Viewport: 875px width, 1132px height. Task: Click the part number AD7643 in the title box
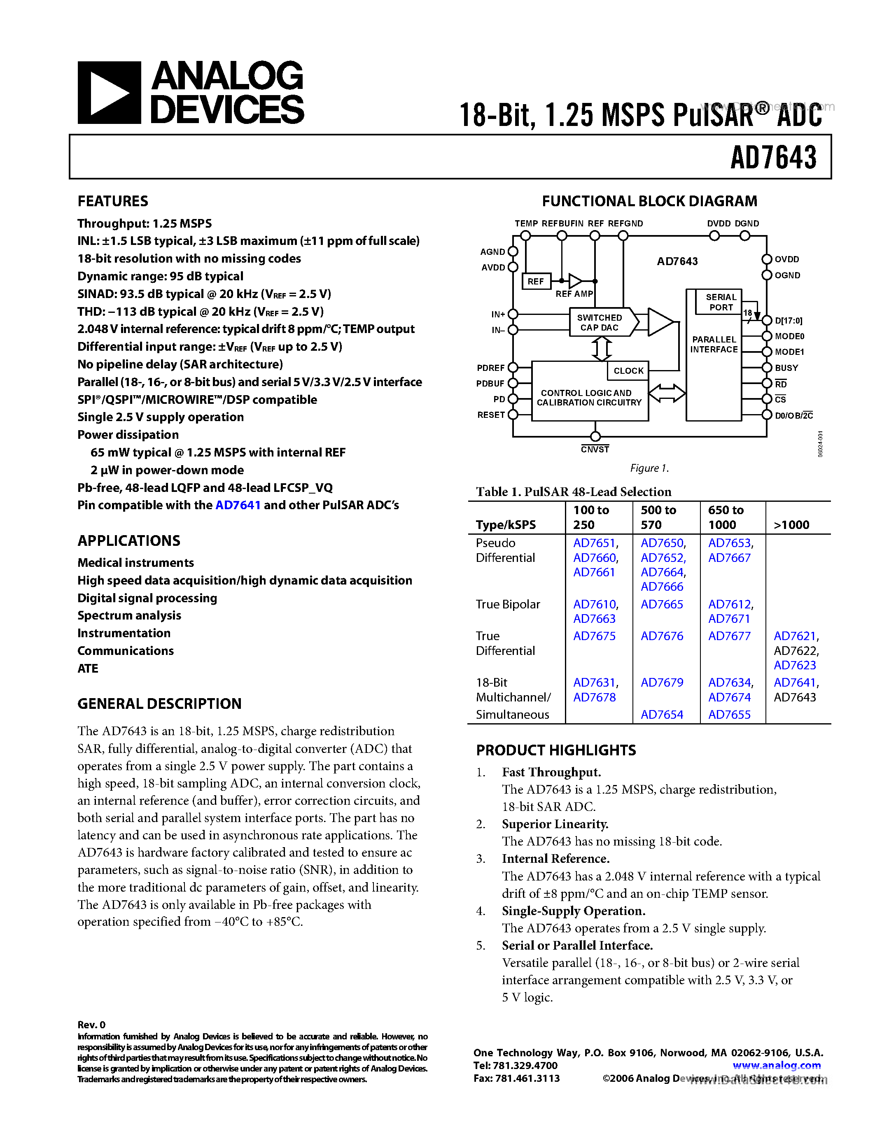(x=773, y=158)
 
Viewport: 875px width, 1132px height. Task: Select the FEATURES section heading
(x=112, y=201)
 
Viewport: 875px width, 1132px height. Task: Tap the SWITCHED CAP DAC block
(x=600, y=322)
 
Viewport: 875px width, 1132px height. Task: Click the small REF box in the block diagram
(x=535, y=282)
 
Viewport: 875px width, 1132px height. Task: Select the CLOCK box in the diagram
(x=628, y=370)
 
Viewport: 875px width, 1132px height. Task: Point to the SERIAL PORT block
(x=721, y=302)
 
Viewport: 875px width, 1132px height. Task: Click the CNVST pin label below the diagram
(x=595, y=450)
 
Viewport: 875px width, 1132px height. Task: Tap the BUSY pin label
(x=786, y=368)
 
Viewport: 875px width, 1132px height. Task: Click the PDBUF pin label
(x=490, y=384)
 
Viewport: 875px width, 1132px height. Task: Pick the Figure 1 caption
(x=649, y=468)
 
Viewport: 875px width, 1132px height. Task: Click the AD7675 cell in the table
(x=594, y=636)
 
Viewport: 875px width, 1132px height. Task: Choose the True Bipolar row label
(x=507, y=604)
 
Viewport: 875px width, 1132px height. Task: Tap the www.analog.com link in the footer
(x=776, y=1066)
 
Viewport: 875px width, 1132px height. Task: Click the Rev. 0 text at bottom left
(x=91, y=1025)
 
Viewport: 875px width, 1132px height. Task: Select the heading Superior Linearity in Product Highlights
(x=555, y=824)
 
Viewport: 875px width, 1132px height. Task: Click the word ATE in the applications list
(x=88, y=668)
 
